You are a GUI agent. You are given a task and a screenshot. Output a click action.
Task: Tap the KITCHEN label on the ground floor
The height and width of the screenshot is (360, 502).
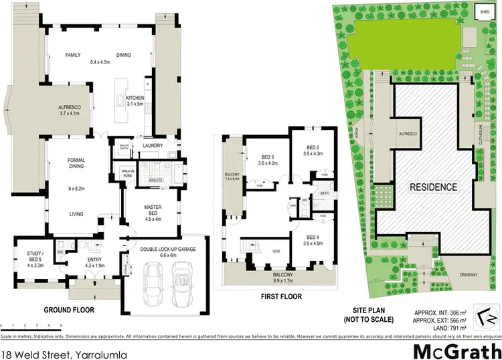click(135, 98)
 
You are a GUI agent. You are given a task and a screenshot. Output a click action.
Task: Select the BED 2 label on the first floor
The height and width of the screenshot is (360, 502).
click(313, 148)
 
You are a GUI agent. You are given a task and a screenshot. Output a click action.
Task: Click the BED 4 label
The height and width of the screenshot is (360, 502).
click(313, 238)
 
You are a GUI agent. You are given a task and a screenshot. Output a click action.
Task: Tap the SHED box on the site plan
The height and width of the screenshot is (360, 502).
click(483, 11)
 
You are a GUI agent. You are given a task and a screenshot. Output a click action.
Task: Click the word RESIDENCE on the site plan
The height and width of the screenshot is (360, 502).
click(434, 187)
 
